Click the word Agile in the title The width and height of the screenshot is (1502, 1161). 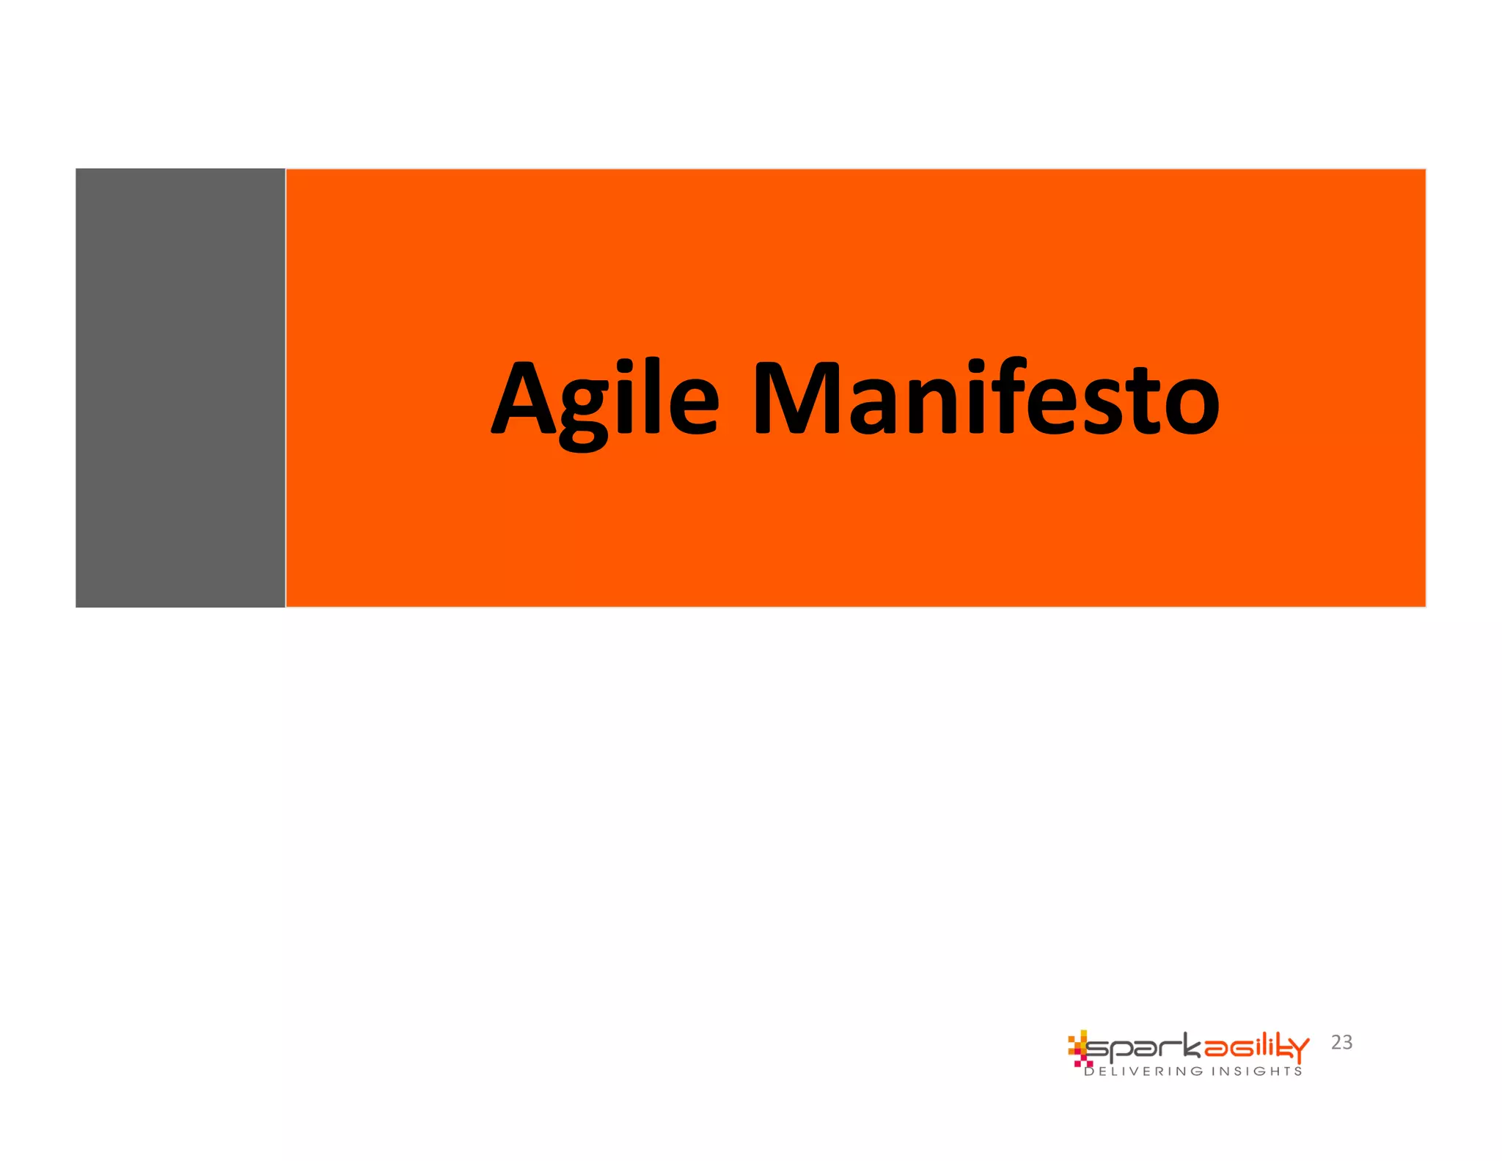coord(604,400)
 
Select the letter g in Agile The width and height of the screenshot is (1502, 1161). coord(583,411)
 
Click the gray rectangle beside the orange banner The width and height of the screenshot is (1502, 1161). coord(180,387)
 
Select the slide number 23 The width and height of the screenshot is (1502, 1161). coord(1341,1042)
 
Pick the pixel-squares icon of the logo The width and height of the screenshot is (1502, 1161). coord(1079,1048)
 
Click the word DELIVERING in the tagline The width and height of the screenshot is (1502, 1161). coord(1143,1071)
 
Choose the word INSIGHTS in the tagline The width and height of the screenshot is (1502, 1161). coord(1256,1071)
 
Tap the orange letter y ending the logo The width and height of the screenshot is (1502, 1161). coord(1300,1050)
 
